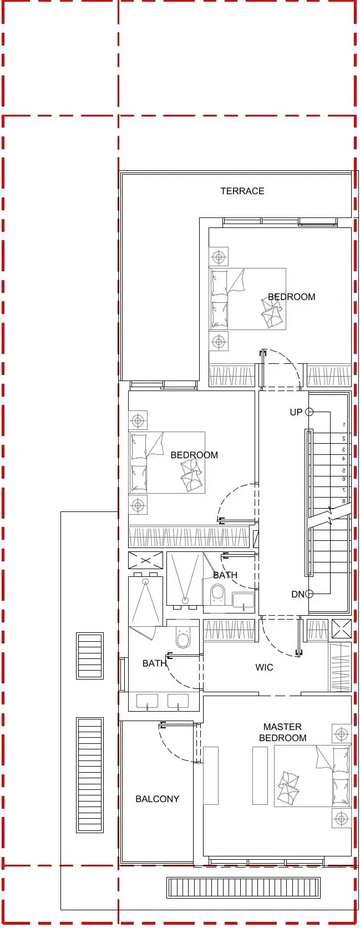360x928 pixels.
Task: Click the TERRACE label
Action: point(242,191)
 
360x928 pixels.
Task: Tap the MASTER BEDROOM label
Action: point(282,732)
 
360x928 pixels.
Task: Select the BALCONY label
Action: point(158,799)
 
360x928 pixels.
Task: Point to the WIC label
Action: point(264,667)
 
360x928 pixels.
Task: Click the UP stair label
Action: point(296,412)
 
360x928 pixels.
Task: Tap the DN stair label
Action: point(297,595)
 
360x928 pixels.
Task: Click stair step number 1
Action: point(343,425)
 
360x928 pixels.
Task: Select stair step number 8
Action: point(343,501)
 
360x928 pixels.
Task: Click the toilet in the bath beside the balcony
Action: point(182,638)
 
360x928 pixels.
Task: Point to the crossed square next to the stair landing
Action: point(341,628)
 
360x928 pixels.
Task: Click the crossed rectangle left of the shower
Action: point(145,560)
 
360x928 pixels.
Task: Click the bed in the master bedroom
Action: point(312,776)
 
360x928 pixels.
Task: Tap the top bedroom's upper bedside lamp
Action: point(219,257)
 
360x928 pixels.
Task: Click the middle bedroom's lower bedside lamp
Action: point(138,505)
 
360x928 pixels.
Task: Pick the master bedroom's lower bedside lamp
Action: point(341,819)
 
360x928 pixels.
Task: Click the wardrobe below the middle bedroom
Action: point(189,537)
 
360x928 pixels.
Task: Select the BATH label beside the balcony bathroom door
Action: point(154,663)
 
